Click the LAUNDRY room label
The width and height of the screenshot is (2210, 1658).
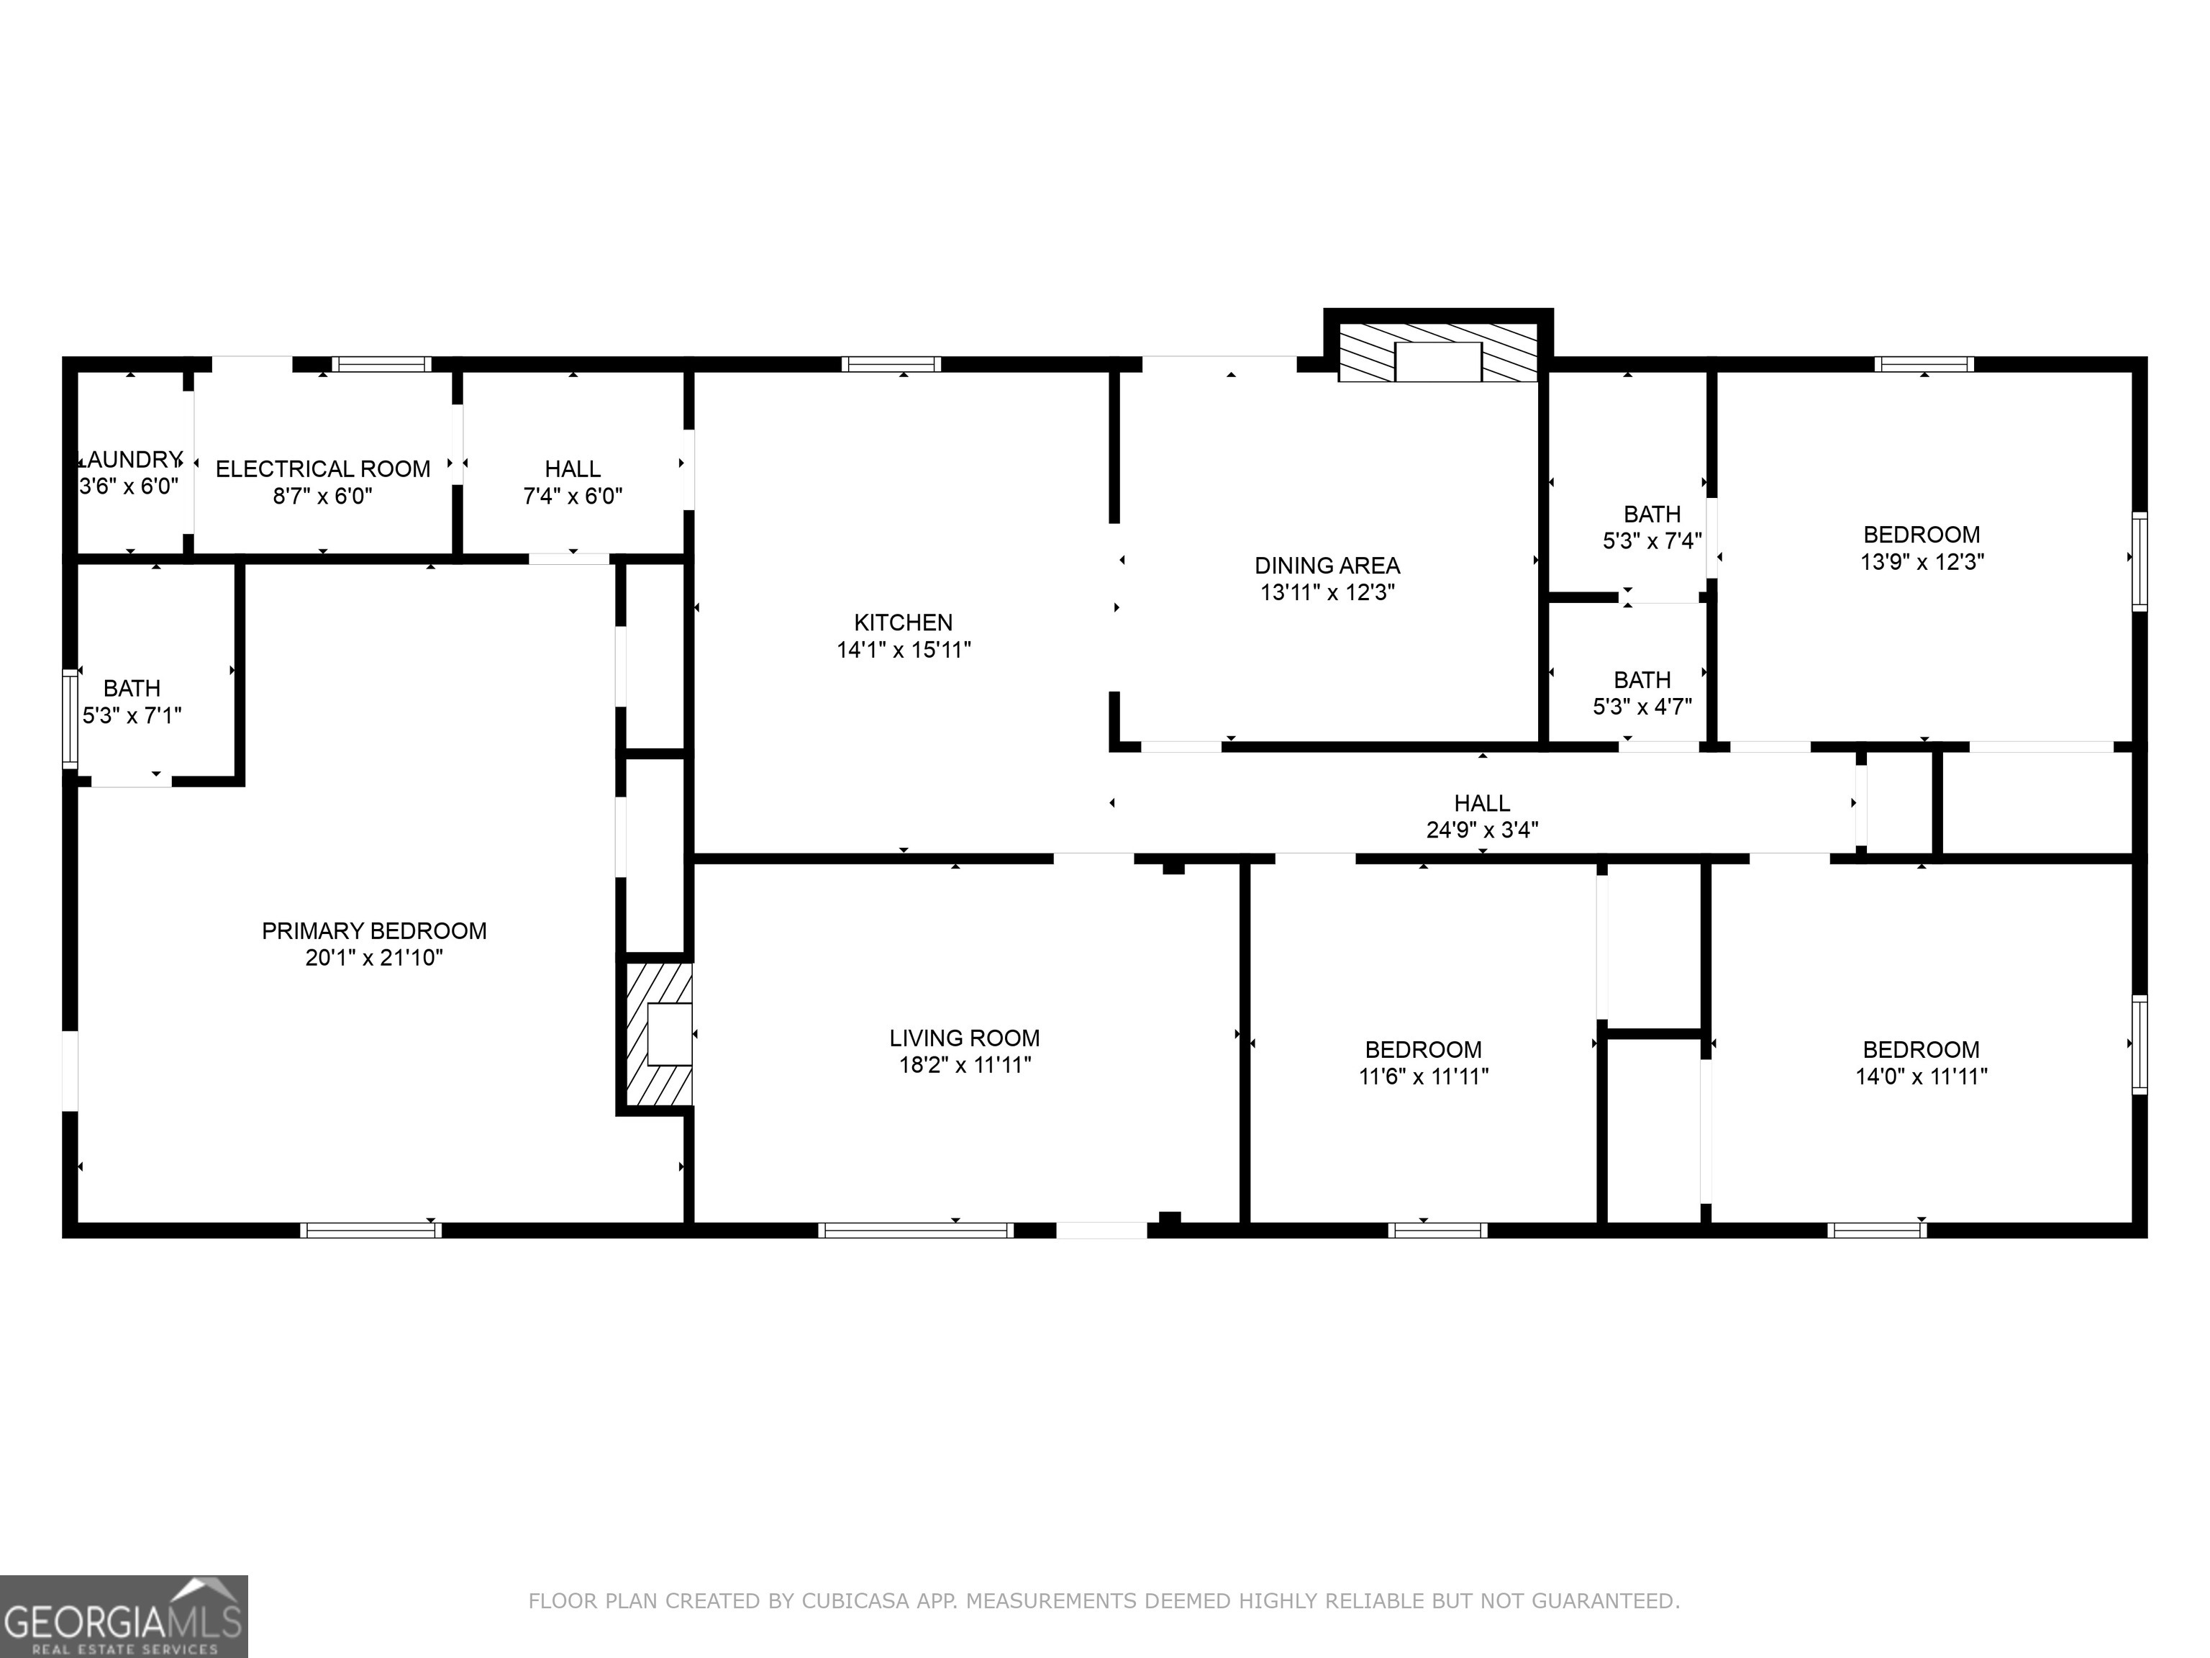131,460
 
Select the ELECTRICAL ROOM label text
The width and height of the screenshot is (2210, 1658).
323,468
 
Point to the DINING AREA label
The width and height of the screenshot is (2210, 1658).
1327,566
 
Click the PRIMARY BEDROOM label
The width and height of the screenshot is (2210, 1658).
373,930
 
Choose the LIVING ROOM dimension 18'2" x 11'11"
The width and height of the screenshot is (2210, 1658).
964,1064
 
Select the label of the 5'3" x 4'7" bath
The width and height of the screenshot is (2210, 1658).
1642,679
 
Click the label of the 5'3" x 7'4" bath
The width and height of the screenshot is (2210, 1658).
1652,514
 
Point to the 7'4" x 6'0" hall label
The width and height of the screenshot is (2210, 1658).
573,468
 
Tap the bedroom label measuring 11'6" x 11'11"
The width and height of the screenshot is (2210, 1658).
1423,1049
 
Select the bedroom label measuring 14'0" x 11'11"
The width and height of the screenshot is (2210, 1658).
1920,1049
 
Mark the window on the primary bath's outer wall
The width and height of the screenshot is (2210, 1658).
70,720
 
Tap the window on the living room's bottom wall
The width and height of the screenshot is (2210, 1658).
915,1231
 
